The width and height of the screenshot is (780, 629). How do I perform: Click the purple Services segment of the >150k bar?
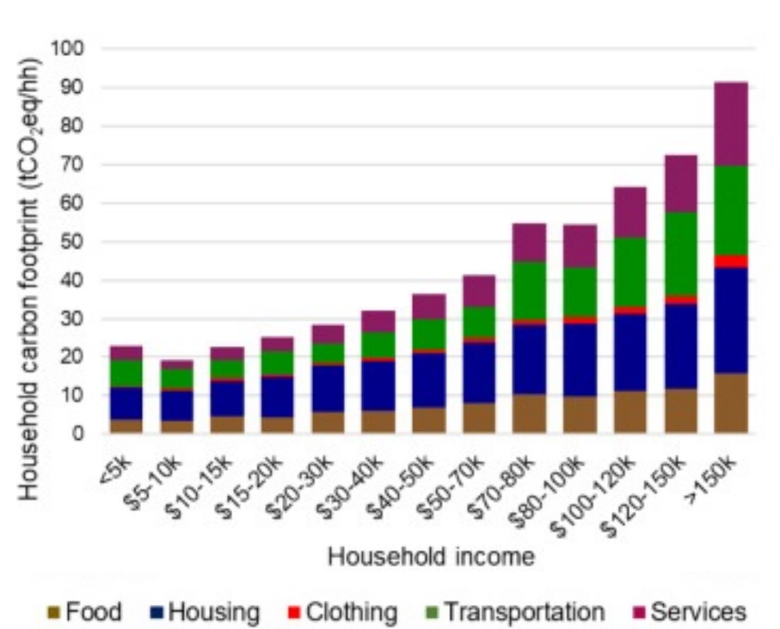pos(730,123)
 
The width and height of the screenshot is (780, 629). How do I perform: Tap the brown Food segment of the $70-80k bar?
pos(529,413)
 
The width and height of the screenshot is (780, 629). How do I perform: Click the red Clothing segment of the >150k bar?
pos(730,261)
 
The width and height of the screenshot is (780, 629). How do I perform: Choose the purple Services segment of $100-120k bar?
pos(630,212)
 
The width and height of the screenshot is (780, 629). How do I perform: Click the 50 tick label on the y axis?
pos(73,242)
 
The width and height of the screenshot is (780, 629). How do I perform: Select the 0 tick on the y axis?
pos(78,434)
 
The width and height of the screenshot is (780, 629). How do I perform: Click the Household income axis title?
pos(430,556)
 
